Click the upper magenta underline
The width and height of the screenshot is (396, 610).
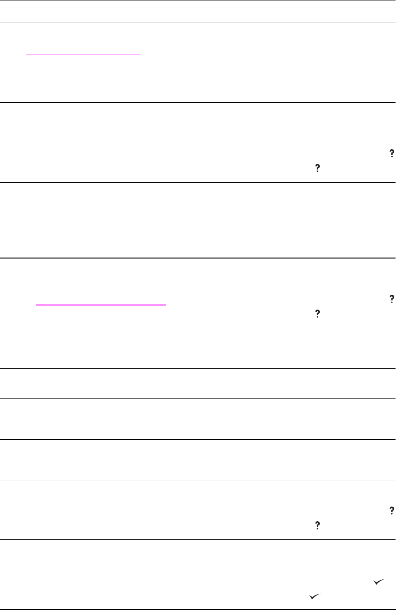pyautogui.click(x=83, y=53)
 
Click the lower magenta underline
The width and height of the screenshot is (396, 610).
pyautogui.click(x=101, y=305)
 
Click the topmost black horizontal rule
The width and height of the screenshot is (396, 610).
pyautogui.click(x=198, y=0)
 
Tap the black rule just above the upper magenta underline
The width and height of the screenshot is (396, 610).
pyautogui.click(x=198, y=22)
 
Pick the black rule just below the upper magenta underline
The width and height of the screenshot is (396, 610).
pyautogui.click(x=198, y=102)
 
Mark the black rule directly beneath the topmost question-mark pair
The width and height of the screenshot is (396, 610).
pyautogui.click(x=198, y=182)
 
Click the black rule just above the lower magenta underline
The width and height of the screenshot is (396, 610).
pyautogui.click(x=198, y=258)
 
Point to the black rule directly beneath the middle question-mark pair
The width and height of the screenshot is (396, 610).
pyautogui.click(x=198, y=328)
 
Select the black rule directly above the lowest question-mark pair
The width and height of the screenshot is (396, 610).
pyautogui.click(x=198, y=480)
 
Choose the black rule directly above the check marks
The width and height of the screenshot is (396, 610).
pyautogui.click(x=198, y=539)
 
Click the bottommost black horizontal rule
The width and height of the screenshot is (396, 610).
pyautogui.click(x=198, y=609)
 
